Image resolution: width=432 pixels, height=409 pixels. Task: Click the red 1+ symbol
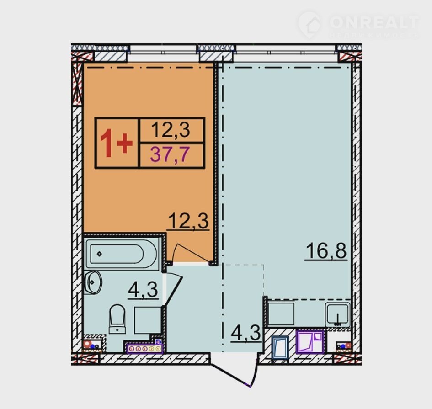[x=116, y=143]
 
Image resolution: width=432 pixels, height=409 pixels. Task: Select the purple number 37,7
[x=170, y=154]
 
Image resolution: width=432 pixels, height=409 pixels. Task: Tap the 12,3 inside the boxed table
[x=171, y=129]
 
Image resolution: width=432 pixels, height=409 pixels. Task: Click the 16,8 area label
[x=326, y=251]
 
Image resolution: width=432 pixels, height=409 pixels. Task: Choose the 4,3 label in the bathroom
[x=143, y=290]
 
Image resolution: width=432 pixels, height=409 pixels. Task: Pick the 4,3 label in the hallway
[x=246, y=333]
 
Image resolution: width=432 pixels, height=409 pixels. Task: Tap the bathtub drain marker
[x=100, y=254]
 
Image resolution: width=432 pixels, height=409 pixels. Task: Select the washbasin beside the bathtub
[x=93, y=282]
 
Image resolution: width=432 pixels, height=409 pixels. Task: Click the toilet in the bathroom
[x=117, y=319]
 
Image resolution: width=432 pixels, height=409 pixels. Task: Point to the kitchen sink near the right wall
[x=337, y=313]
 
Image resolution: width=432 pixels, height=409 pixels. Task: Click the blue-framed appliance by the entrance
[x=280, y=347]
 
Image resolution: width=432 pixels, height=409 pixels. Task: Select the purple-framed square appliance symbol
[x=310, y=342]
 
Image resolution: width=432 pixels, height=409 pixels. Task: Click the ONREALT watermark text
[x=374, y=22]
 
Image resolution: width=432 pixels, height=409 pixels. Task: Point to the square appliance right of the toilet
[x=148, y=320]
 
